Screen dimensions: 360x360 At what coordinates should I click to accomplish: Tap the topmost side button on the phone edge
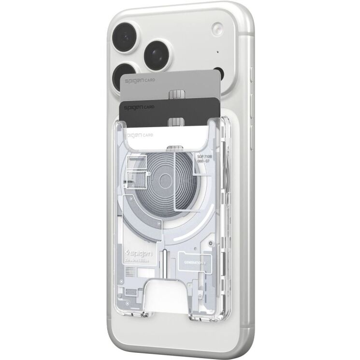pyautogui.click(x=252, y=74)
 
